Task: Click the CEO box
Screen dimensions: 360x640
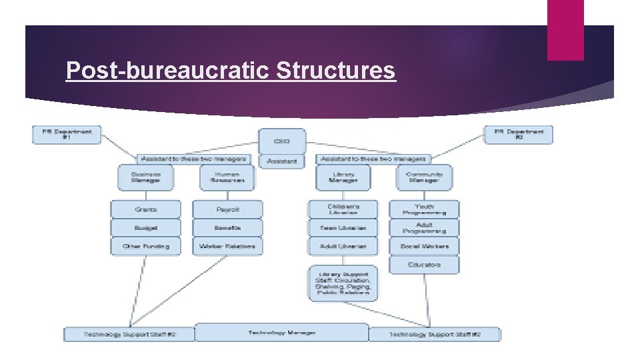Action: [282, 141]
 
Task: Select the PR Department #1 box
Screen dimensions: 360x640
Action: [67, 134]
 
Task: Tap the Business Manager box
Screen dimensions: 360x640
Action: [145, 177]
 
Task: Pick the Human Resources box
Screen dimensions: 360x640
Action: [227, 177]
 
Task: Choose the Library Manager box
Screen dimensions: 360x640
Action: [343, 177]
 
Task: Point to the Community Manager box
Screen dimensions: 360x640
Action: [424, 177]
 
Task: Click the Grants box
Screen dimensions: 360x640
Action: [145, 209]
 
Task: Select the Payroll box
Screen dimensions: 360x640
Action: [227, 209]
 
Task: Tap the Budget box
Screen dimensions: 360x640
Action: [145, 227]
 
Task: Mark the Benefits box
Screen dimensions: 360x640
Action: [227, 227]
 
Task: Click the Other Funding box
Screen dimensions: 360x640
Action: [145, 246]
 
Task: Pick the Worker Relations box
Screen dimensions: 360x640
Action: [227, 246]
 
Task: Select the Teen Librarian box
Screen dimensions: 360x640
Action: [343, 227]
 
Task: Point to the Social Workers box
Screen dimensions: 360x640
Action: [425, 246]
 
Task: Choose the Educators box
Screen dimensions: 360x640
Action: [425, 265]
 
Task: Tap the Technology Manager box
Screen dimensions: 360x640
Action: [281, 333]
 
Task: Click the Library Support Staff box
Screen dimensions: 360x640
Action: [343, 283]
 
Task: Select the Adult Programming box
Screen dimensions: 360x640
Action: [425, 227]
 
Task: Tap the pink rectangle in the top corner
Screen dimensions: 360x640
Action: [565, 29]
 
